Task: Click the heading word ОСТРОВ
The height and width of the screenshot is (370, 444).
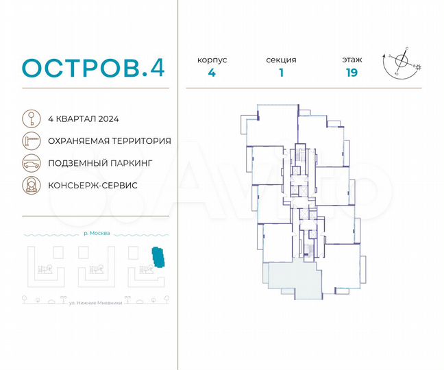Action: pos(81,69)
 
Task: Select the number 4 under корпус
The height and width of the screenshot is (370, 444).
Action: pos(212,74)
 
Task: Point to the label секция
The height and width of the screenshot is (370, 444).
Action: pos(281,60)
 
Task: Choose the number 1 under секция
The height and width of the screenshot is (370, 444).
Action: pos(281,74)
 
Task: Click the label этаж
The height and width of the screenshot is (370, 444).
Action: pos(352,60)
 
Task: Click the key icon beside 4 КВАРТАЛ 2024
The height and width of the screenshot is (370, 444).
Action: pos(30,119)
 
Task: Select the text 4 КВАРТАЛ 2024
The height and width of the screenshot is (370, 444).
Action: pos(84,119)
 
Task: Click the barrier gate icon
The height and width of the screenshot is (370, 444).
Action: pos(30,140)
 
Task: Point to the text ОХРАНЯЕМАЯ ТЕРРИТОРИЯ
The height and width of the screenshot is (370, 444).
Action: pos(110,140)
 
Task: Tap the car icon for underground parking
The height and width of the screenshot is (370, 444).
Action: pos(30,163)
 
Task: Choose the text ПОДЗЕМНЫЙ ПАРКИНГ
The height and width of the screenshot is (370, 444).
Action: pos(99,163)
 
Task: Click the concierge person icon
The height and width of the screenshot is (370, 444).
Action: pos(30,186)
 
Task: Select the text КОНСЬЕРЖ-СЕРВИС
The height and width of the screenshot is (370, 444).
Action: pos(93,186)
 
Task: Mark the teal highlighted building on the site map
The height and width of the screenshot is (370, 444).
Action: pos(159,258)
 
